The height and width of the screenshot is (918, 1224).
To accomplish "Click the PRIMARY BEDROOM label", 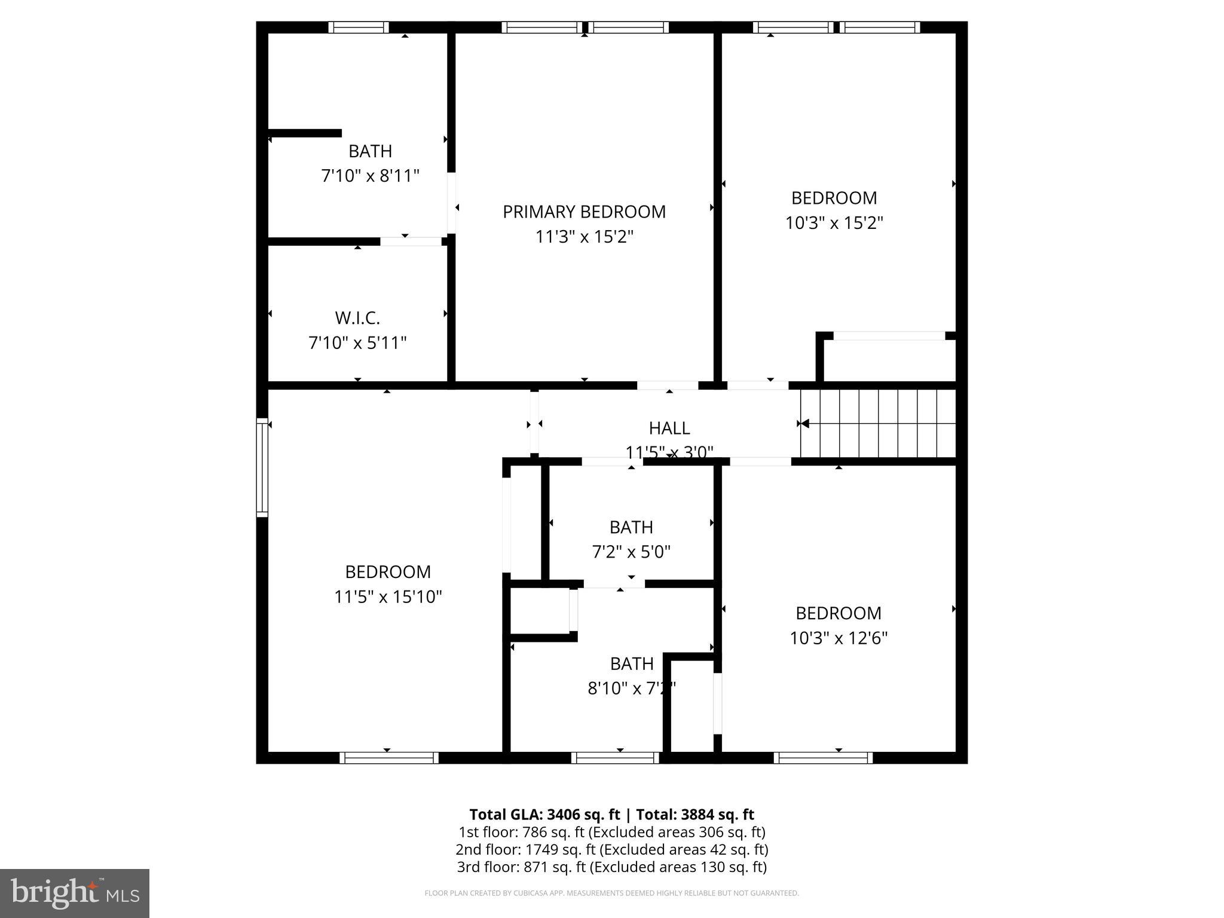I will pos(584,212).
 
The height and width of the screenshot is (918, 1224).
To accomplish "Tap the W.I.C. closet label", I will pos(357,317).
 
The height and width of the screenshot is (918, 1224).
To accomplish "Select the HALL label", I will pos(669,428).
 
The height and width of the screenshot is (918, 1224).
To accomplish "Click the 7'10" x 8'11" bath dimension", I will pos(371,176).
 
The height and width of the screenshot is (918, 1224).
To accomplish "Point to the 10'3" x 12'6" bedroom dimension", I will pos(839,638).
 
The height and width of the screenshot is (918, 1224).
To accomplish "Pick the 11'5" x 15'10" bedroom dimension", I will pos(388,597).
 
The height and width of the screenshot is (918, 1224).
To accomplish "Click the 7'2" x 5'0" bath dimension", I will pos(631,552).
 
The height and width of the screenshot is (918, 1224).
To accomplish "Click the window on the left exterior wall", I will pos(262,467).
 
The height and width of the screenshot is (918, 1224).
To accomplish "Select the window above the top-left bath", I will pos(359,27).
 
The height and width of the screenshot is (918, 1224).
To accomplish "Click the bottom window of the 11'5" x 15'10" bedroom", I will pos(389,758).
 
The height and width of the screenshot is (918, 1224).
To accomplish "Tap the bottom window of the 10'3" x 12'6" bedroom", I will pos(823,758).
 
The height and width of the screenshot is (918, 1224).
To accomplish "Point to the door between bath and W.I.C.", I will pos(411,241).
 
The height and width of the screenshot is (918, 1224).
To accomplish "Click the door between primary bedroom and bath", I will pos(452,203).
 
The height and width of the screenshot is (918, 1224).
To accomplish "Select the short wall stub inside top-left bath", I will pos(305,133).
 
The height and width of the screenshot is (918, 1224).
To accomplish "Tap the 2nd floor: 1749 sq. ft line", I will pos(611,849).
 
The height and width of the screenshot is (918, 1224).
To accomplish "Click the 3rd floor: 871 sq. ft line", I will pos(611,867).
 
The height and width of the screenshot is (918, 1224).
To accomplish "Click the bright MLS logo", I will pos(75,893).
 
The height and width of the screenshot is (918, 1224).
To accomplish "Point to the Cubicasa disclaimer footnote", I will pos(611,893).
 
